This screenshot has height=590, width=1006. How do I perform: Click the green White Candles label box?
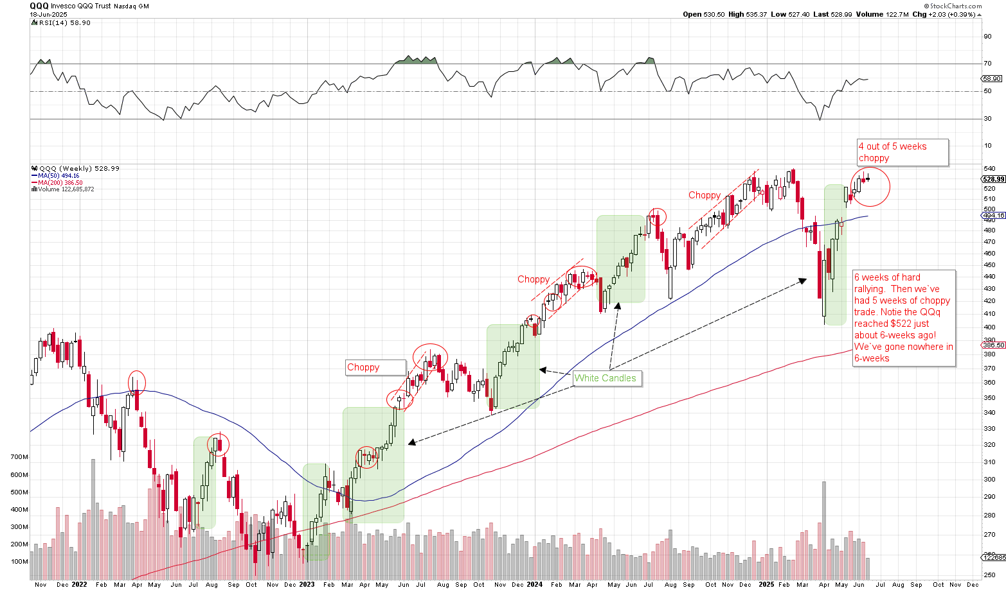point(605,378)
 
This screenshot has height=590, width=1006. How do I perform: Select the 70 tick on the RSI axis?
point(987,64)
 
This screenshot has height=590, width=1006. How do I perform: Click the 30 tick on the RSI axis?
point(987,119)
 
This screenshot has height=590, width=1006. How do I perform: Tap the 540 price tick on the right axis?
point(990,169)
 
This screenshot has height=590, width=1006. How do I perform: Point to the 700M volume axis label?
point(19,457)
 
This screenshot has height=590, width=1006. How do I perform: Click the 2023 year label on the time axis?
point(307,584)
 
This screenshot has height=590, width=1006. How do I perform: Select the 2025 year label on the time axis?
point(766,584)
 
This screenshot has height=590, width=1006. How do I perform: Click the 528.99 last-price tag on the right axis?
point(994,179)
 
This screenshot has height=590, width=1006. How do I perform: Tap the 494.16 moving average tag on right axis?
point(994,216)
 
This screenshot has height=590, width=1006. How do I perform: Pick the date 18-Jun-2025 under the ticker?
point(48,14)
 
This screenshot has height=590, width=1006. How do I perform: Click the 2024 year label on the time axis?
point(535,584)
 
